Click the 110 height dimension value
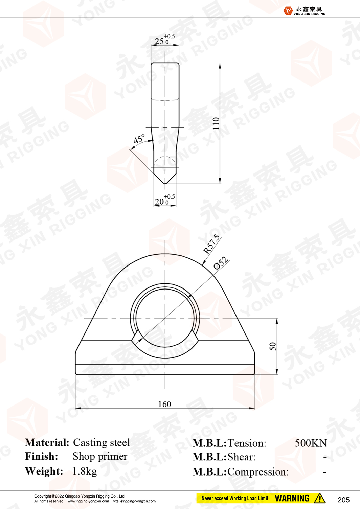click(216, 123)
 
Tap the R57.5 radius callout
click(211, 244)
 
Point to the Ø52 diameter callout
click(221, 263)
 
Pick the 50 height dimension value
click(273, 346)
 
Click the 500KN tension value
click(311, 443)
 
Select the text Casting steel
click(102, 443)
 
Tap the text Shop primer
click(100, 457)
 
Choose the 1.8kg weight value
click(85, 471)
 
